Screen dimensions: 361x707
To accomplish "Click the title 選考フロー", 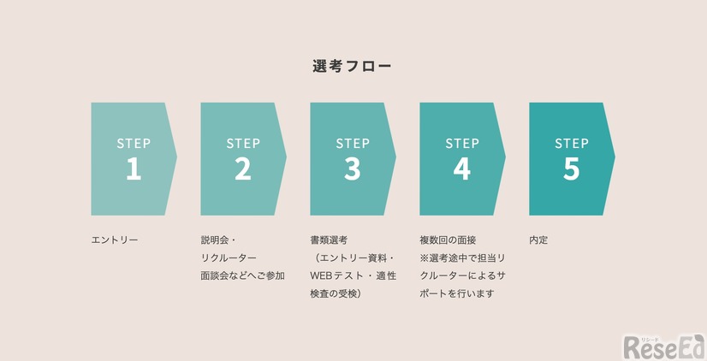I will (x=353, y=66).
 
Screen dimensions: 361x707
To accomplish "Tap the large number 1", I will (x=134, y=169).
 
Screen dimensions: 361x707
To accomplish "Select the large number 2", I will (x=243, y=169).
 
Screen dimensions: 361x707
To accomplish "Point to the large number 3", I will (x=353, y=169).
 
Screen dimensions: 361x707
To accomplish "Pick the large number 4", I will (x=462, y=169).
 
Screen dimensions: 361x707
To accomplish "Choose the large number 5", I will (x=572, y=169).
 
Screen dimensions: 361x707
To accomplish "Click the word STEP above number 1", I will (x=134, y=143).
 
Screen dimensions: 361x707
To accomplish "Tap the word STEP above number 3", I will (x=353, y=143).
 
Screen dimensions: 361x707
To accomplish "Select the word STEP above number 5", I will (x=572, y=143).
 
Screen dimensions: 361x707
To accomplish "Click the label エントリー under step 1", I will (x=115, y=240).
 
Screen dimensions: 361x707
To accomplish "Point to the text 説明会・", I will (x=219, y=240).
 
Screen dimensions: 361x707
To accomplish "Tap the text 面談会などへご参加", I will (x=242, y=275).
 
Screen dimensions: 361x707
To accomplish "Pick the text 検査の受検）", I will (x=335, y=293).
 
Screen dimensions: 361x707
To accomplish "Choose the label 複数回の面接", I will (x=448, y=240).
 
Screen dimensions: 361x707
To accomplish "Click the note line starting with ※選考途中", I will (x=462, y=258).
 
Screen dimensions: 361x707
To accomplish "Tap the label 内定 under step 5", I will (x=538, y=240).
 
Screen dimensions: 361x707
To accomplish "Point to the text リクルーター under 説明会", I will (x=229, y=258).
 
